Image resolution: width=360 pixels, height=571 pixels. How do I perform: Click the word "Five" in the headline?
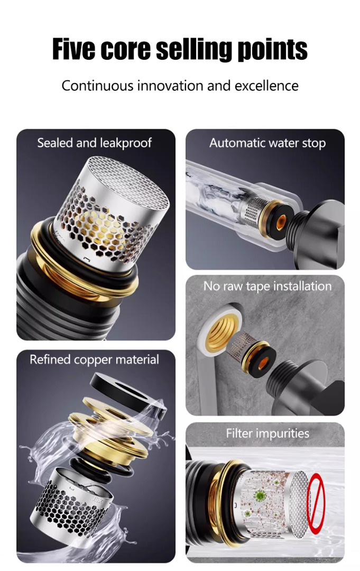click(74, 49)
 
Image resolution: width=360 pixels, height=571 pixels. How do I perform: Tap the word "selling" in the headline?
click(194, 50)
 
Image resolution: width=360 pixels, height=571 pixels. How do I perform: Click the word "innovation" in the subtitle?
click(171, 86)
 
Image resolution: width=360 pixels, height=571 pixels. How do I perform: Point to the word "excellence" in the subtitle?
click(266, 86)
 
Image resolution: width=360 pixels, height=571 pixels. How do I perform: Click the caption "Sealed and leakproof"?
click(94, 143)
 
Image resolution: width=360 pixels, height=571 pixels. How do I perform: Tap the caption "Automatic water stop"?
click(267, 143)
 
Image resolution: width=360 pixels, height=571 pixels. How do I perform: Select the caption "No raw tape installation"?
click(267, 286)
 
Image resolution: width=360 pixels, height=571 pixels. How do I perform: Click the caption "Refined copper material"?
click(94, 360)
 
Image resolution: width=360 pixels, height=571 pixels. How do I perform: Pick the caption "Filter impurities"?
click(267, 434)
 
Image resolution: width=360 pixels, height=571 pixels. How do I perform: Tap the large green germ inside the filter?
click(260, 495)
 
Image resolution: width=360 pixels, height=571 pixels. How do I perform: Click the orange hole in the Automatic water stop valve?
click(281, 222)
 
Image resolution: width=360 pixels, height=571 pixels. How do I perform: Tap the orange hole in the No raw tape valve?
click(264, 362)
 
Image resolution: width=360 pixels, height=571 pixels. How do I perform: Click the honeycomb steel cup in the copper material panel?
click(71, 504)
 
